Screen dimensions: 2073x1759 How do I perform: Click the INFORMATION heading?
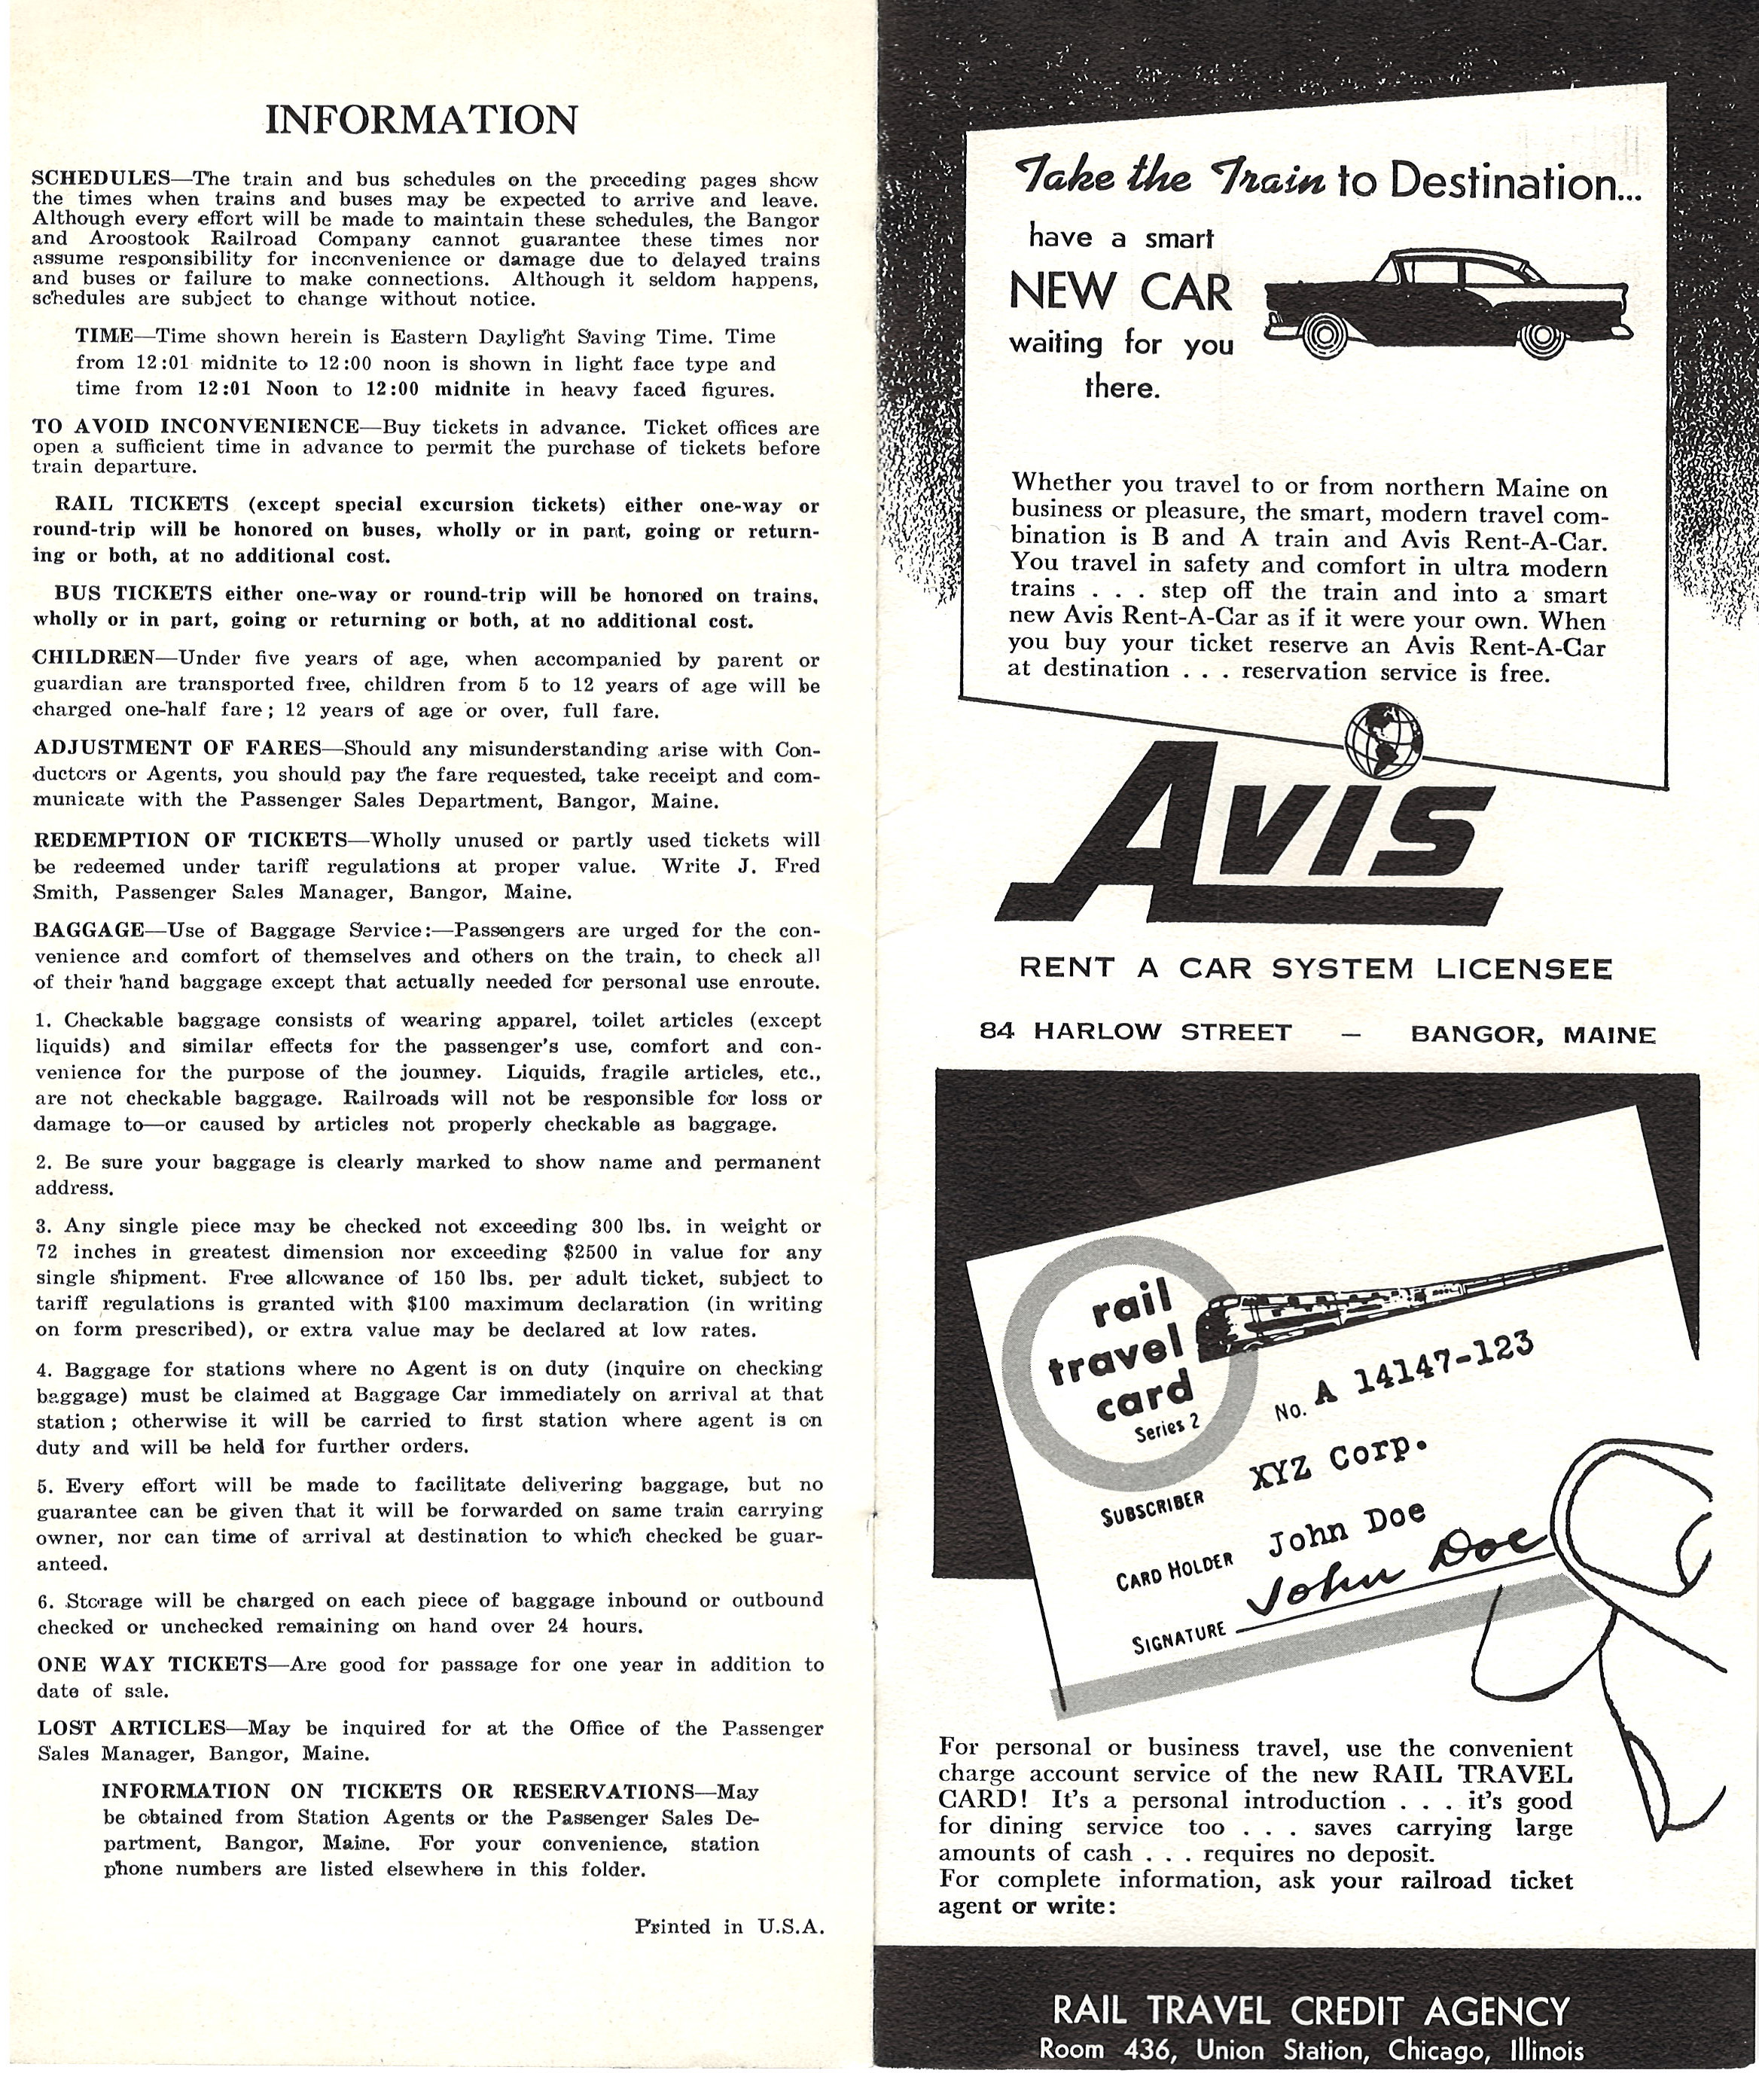click(x=421, y=120)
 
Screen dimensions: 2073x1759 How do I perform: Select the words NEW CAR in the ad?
click(x=1120, y=292)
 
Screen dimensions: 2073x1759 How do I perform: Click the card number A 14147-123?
click(x=1421, y=1378)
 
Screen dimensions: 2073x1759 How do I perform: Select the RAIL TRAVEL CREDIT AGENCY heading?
click(x=1311, y=2010)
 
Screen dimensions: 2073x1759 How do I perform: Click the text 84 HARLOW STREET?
click(x=1136, y=1030)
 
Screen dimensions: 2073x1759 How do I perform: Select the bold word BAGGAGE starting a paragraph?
click(x=89, y=930)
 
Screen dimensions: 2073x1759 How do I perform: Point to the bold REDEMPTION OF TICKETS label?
click(x=190, y=840)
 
